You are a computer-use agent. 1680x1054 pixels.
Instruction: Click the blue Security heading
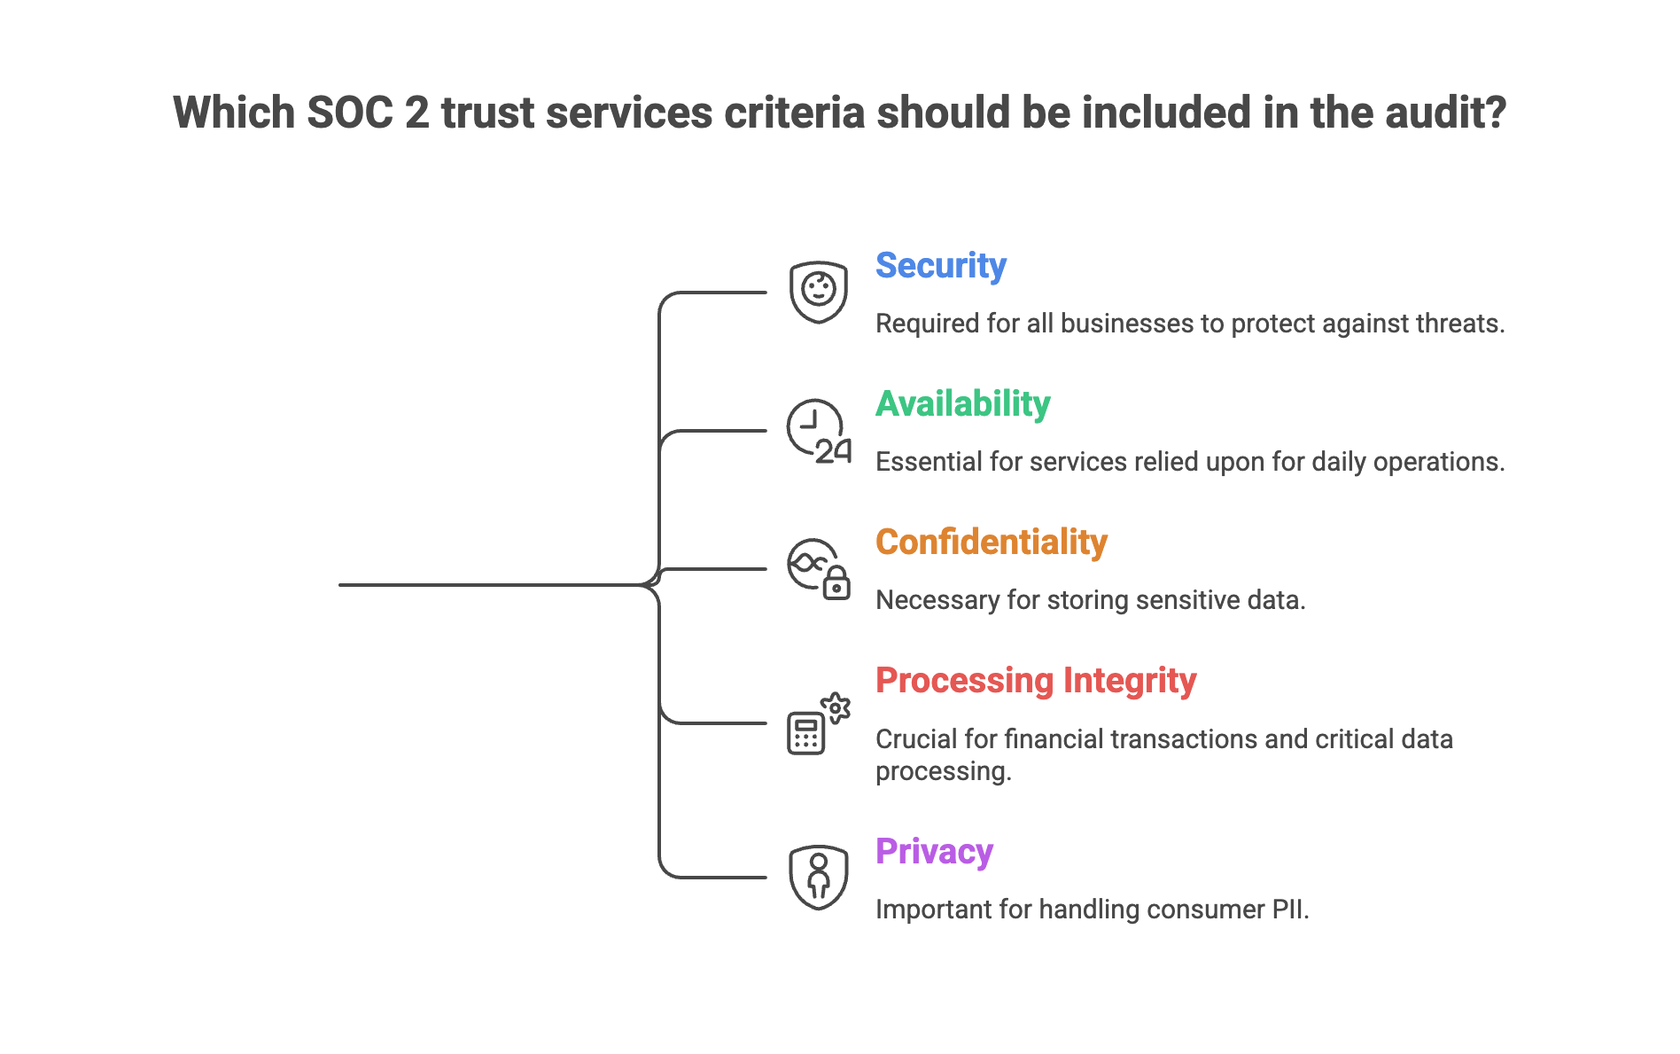(x=940, y=266)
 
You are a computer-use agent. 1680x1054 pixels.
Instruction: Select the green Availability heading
(x=962, y=404)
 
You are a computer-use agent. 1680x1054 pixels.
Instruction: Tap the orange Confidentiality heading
(x=991, y=543)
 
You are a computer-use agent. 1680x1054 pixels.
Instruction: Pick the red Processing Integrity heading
(x=1035, y=681)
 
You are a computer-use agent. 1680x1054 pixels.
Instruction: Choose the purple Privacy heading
(x=934, y=852)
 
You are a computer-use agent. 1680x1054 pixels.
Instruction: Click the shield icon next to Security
(x=818, y=292)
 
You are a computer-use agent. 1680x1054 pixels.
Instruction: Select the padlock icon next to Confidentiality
(x=836, y=584)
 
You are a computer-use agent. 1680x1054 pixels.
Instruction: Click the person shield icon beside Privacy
(x=818, y=877)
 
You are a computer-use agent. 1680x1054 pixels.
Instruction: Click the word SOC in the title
(x=349, y=113)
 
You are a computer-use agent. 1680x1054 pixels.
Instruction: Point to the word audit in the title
(x=1454, y=113)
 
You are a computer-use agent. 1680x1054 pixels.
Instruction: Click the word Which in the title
(x=234, y=113)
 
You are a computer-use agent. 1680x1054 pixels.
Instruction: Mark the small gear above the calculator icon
(x=836, y=707)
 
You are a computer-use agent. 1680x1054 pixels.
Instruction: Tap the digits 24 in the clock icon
(x=833, y=451)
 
